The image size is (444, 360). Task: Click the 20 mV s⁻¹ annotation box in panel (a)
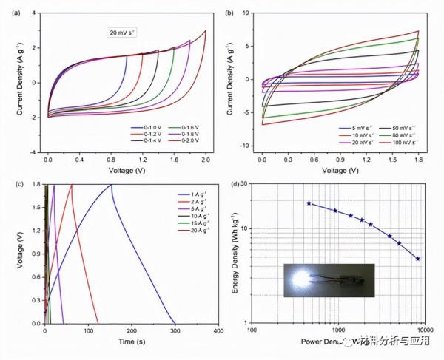[124, 32]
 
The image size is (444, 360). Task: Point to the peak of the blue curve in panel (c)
[112, 185]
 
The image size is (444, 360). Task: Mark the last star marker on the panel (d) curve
[419, 259]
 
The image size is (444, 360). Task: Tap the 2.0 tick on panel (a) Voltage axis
[205, 159]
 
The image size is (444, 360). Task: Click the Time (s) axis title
[131, 342]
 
